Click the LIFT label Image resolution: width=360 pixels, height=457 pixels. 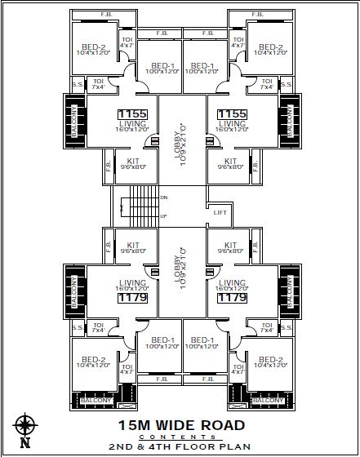click(220, 212)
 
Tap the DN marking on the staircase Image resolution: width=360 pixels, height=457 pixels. click(164, 197)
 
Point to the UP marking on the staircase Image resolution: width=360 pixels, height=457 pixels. click(164, 215)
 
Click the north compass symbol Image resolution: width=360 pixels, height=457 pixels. click(25, 426)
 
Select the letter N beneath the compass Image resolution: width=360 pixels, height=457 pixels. click(25, 444)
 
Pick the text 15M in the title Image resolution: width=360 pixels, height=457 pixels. click(133, 425)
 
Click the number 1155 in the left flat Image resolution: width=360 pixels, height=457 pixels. click(131, 114)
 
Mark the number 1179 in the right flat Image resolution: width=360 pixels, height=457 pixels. click(231, 299)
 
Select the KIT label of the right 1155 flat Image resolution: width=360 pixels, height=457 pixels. click(230, 161)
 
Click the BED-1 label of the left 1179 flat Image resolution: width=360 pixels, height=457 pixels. click(162, 339)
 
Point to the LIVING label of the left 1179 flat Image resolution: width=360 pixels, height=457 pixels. click(131, 282)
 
